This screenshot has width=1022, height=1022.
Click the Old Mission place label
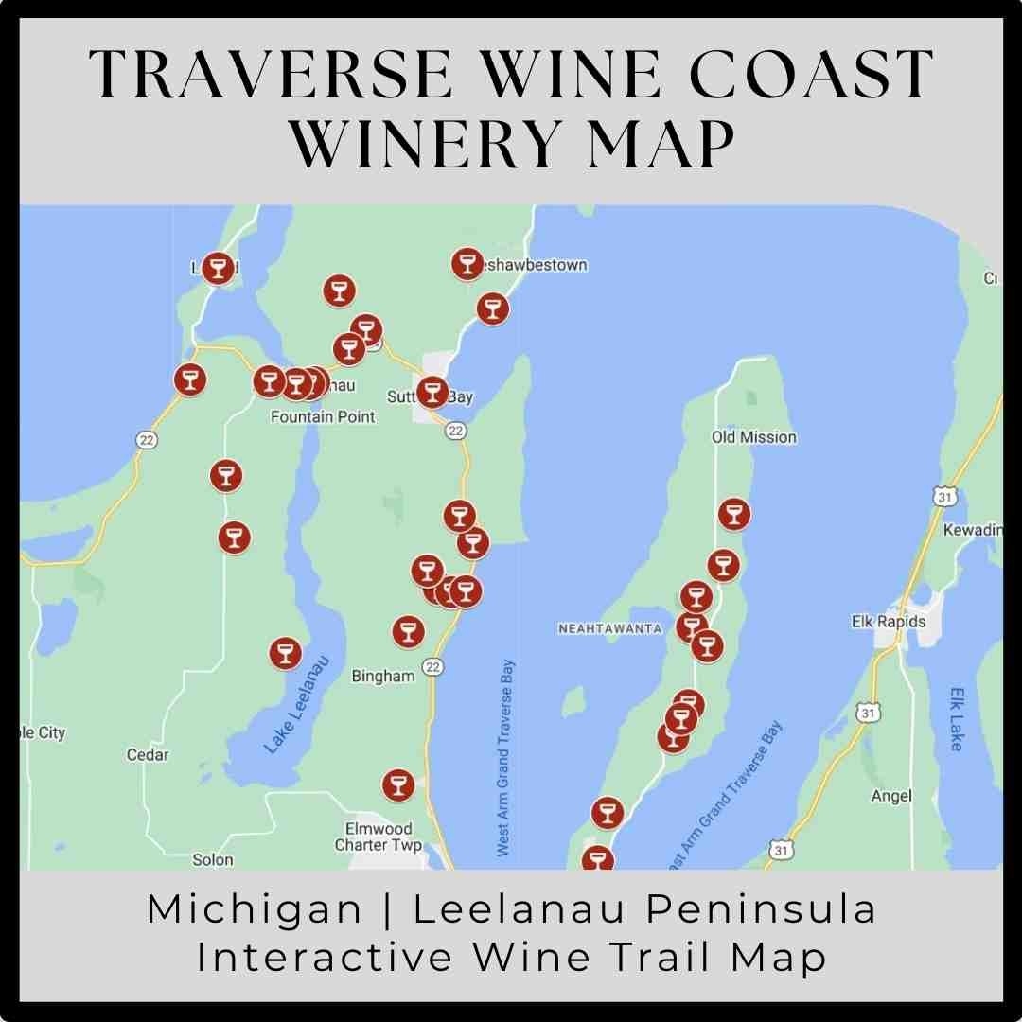tap(753, 437)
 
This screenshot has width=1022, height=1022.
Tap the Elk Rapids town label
tap(889, 622)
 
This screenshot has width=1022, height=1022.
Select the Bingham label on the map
tap(382, 676)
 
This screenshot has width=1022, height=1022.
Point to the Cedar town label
tap(148, 754)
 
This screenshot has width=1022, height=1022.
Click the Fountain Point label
tap(323, 416)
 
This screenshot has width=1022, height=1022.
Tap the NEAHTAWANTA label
tap(609, 628)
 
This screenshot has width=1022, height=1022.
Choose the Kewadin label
tap(972, 530)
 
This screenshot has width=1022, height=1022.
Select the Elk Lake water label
tap(956, 718)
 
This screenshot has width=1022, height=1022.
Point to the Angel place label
tap(890, 796)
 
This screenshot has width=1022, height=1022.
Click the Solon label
tap(212, 859)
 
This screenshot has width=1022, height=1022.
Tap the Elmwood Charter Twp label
tap(379, 837)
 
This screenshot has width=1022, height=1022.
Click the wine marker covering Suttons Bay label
tap(432, 392)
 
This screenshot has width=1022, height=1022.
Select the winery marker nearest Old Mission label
tap(733, 514)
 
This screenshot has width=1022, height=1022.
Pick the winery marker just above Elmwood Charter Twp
tap(397, 784)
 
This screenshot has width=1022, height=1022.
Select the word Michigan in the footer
tap(254, 909)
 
